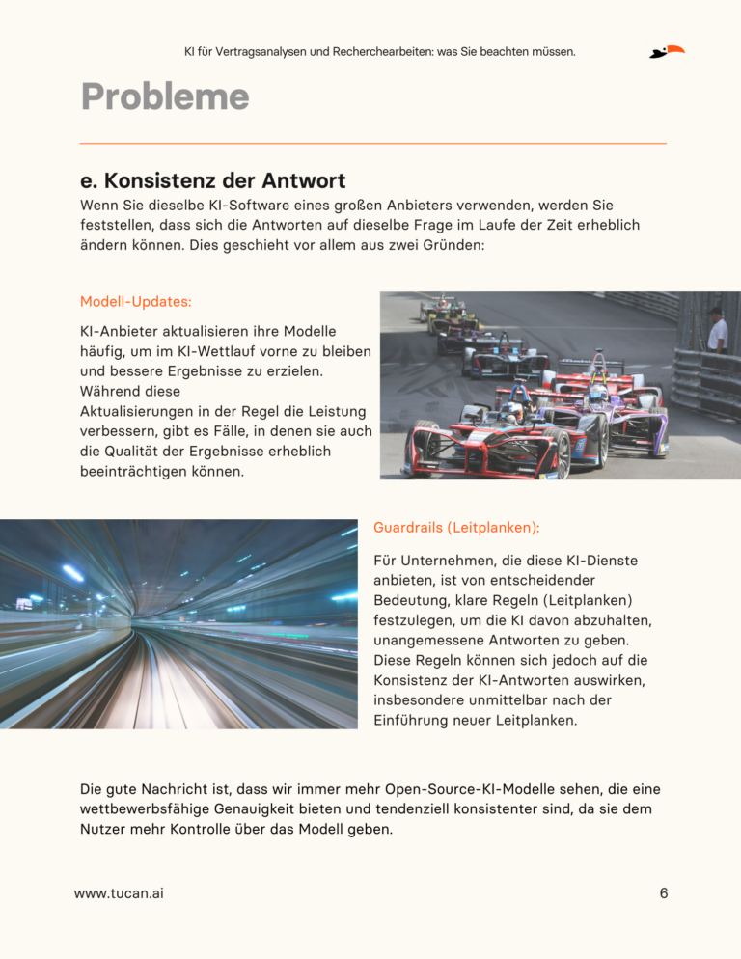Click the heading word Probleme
point(164,96)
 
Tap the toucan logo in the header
point(667,51)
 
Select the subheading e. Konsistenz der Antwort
point(212,180)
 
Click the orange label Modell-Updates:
point(135,302)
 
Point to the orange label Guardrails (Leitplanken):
point(455,528)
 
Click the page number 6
point(664,893)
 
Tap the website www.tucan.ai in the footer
point(119,893)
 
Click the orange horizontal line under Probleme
point(372,144)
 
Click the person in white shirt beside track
point(717,330)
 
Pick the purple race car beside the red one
point(617,415)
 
